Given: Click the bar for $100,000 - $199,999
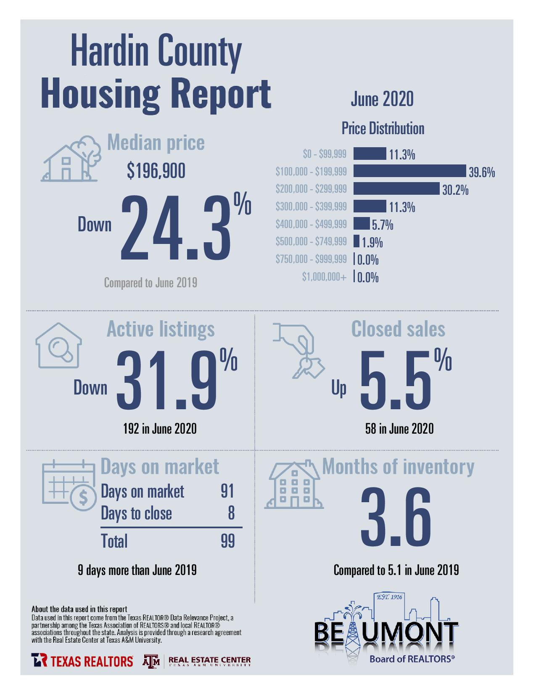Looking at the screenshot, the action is click(x=409, y=171).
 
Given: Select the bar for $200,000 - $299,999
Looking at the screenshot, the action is click(x=396, y=188).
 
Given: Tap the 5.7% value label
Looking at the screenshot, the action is click(x=383, y=225).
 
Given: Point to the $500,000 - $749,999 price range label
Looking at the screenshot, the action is click(x=311, y=241).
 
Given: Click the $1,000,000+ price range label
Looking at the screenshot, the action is click(x=325, y=277).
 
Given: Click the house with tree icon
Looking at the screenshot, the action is click(x=71, y=159).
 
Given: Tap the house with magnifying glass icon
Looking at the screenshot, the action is click(x=58, y=345).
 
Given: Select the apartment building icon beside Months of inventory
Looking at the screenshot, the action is click(x=294, y=484).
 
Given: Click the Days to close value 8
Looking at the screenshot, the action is click(x=232, y=513).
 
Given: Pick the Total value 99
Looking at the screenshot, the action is click(x=227, y=541).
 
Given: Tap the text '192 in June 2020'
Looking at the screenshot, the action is click(x=160, y=429).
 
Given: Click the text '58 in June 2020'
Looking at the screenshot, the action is click(x=399, y=429).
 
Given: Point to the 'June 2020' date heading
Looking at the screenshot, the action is click(x=382, y=99).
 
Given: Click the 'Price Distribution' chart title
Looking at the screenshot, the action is click(x=383, y=128).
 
